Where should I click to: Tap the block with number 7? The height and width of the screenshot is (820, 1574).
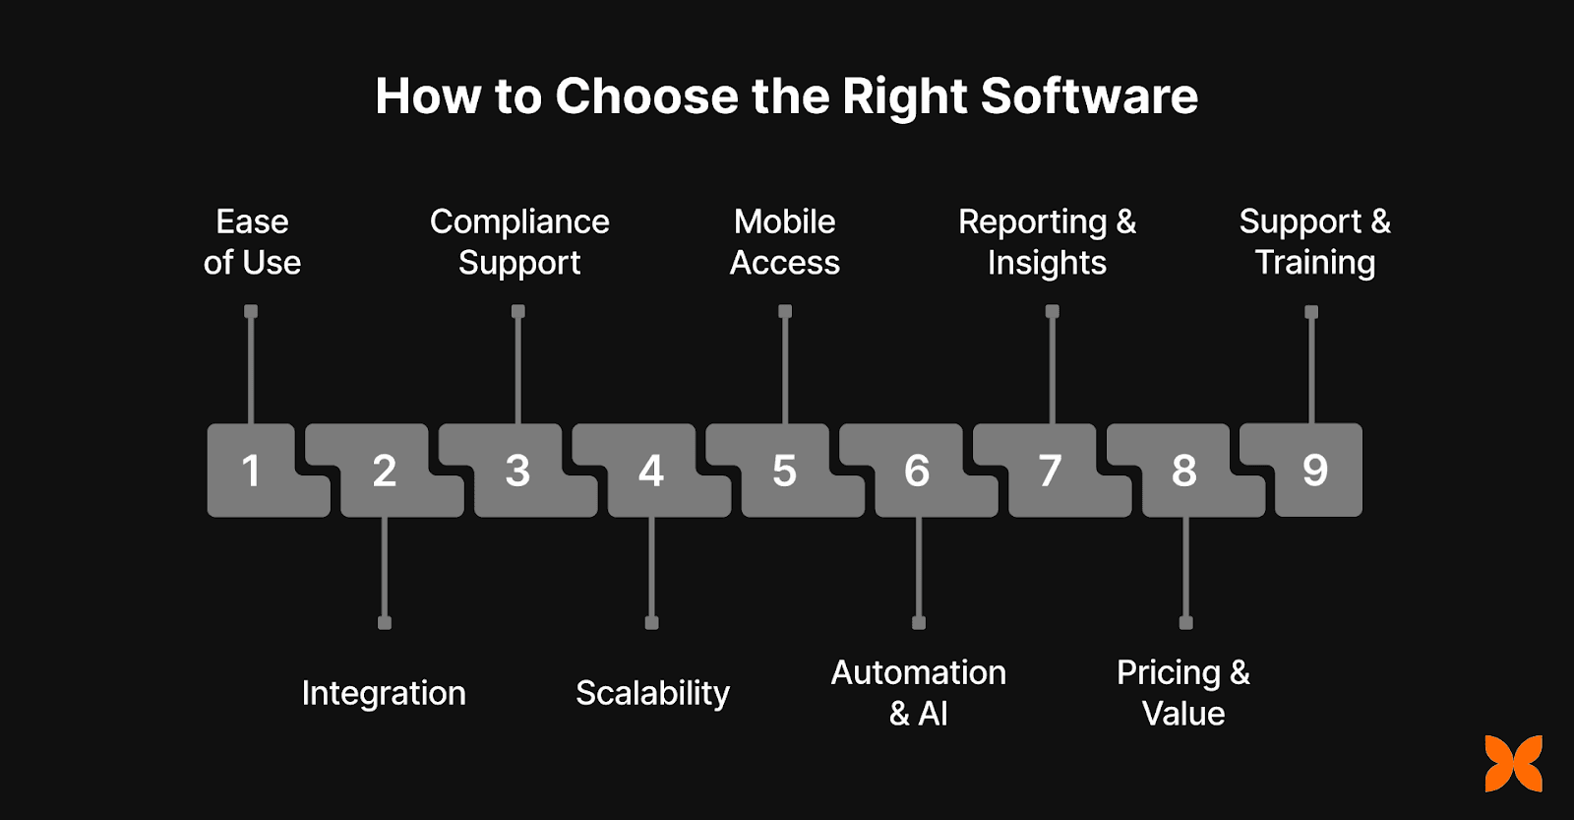1051,471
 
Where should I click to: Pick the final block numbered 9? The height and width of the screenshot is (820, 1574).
1316,470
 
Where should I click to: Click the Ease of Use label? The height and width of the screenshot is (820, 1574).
252,242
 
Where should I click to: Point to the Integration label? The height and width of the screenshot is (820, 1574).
384,693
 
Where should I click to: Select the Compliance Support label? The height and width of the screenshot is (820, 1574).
519,242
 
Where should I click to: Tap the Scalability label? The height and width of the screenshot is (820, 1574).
652,693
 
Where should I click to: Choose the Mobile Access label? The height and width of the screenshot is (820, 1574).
785,242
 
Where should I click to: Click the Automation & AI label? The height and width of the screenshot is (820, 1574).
919,693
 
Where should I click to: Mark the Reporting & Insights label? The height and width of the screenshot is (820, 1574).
1048,242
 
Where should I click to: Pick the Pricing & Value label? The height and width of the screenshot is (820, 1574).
1183,693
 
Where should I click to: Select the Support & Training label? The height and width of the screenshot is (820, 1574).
1315,242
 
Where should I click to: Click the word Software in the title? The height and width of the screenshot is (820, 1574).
1089,96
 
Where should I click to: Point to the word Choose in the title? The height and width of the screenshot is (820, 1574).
646,96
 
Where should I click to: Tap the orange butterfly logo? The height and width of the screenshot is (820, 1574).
1513,763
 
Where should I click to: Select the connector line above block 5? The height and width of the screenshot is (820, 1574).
785,369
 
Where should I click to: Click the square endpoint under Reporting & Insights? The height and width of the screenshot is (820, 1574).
1052,312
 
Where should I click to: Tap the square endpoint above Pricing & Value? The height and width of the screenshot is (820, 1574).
1185,622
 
